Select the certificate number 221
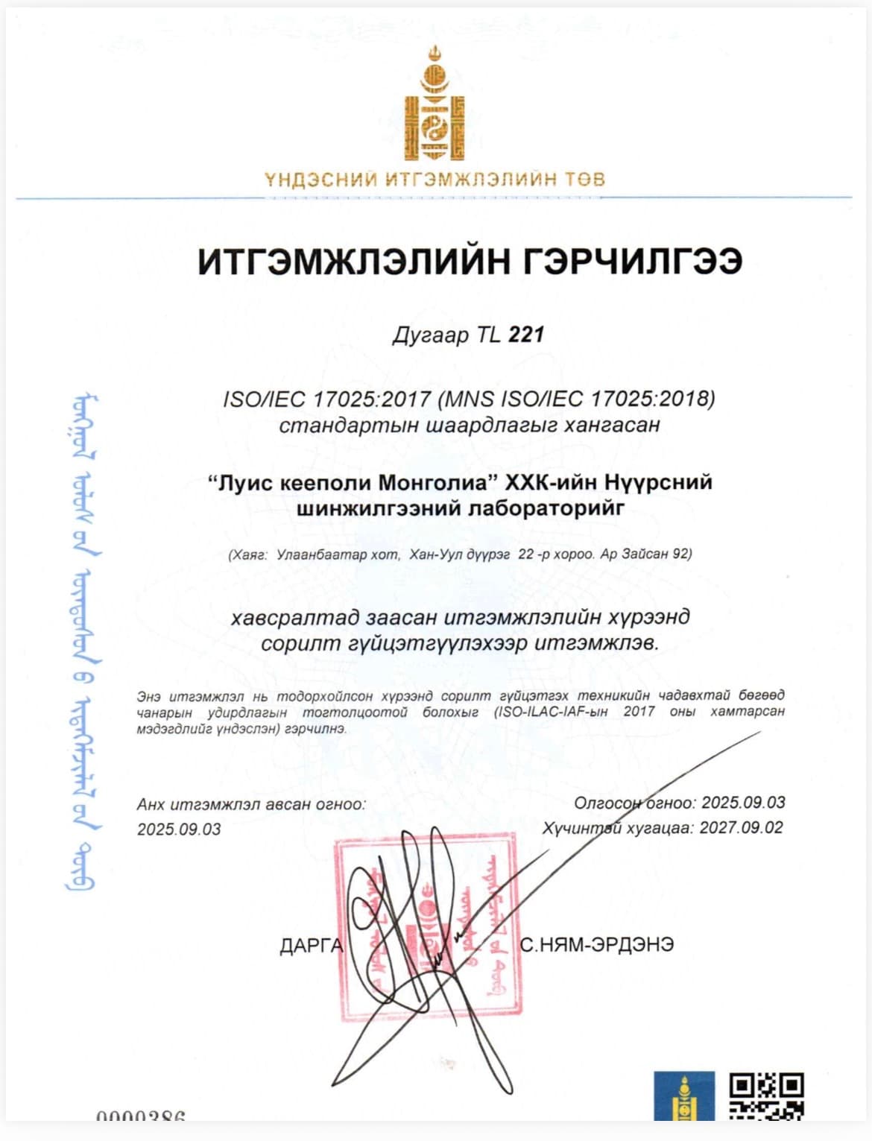pos(526,335)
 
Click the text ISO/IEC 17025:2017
pos(326,399)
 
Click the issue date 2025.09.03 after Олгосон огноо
pos(743,803)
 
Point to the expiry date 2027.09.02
pos(741,828)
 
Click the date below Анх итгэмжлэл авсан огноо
pos(179,829)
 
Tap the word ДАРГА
pos(311,946)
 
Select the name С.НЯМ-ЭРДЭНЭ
pos(597,944)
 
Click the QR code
pos(765,1096)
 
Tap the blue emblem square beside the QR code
pos(683,1096)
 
